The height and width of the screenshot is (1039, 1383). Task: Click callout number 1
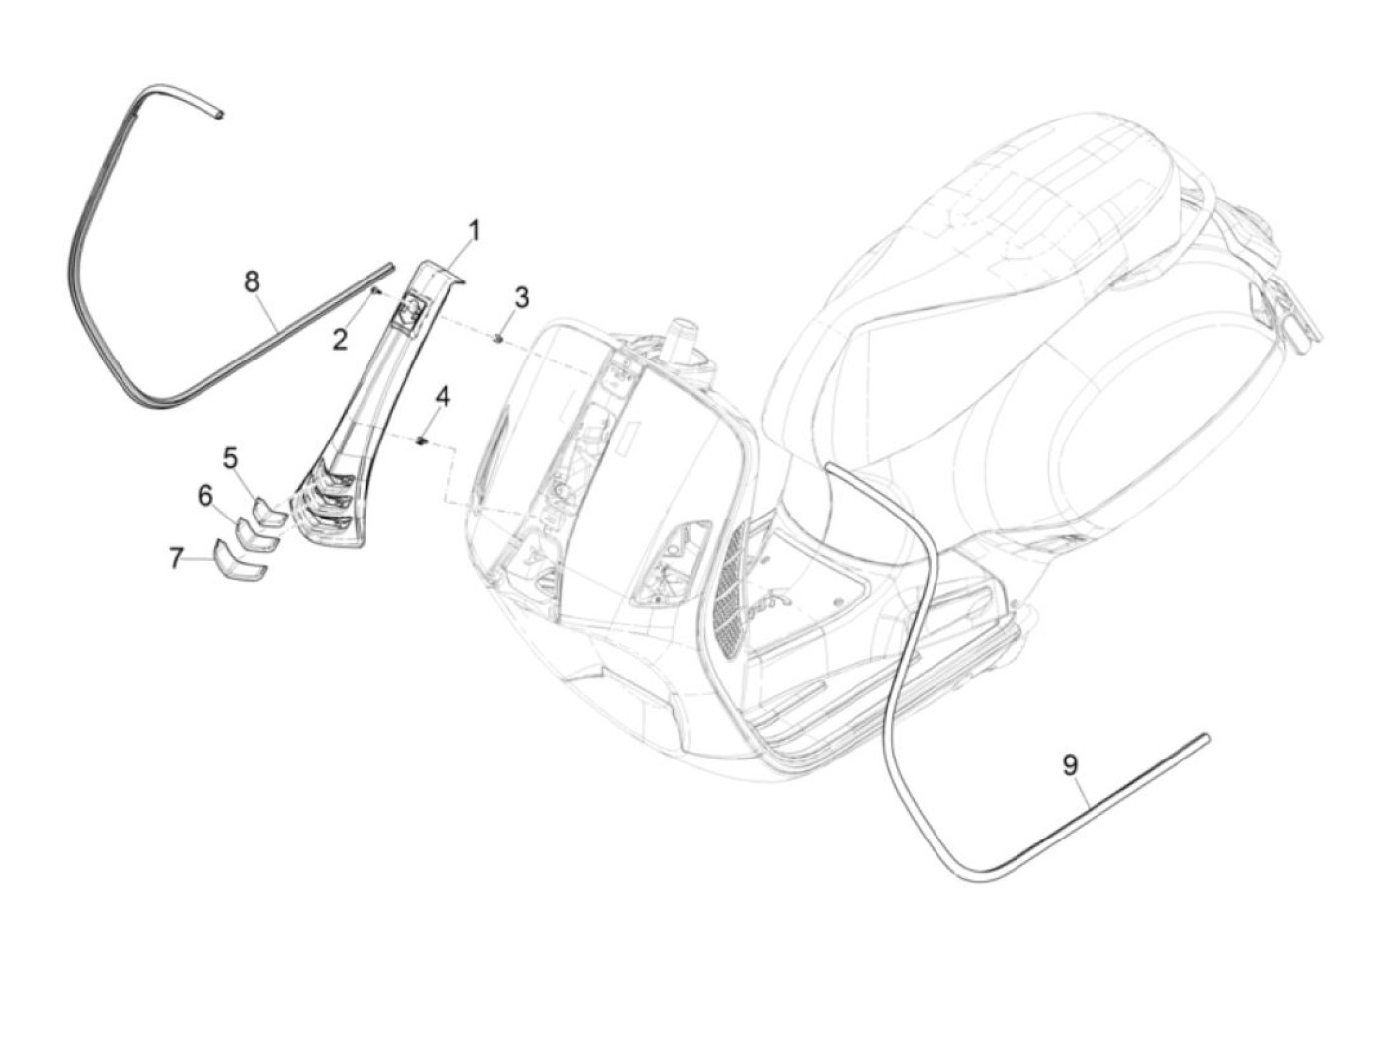click(474, 233)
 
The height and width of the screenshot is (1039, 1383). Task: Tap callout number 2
click(340, 341)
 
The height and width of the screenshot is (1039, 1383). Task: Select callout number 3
click(521, 297)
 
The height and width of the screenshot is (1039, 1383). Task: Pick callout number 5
click(230, 458)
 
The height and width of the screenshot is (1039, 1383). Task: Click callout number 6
click(205, 495)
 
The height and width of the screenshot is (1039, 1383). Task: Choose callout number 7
click(176, 559)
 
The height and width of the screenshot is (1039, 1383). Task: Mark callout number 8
click(252, 281)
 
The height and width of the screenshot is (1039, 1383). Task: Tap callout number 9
click(1070, 763)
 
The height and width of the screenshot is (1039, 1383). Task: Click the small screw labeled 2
click(375, 291)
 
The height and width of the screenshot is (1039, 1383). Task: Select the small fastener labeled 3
click(500, 338)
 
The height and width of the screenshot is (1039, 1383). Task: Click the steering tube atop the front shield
click(680, 336)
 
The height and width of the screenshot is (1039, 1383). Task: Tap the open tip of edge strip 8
click(222, 115)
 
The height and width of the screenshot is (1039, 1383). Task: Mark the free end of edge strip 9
click(1204, 737)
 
